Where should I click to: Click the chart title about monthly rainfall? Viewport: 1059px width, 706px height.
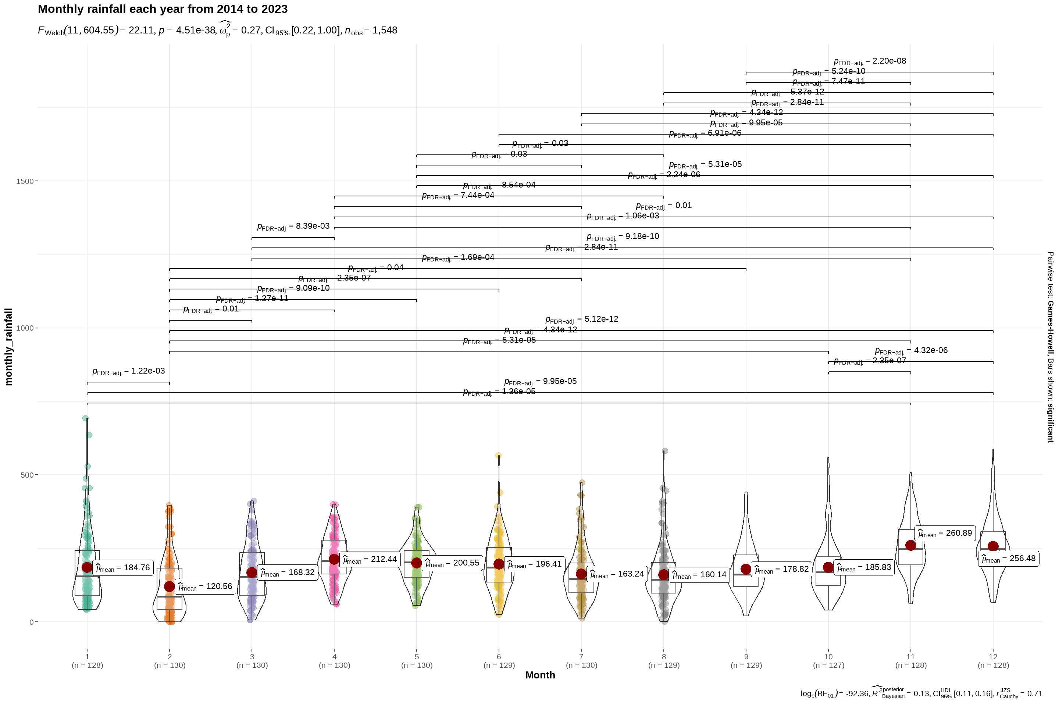(x=163, y=9)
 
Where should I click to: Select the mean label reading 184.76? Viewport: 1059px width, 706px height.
(x=122, y=568)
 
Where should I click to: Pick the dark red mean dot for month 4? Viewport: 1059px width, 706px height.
(x=334, y=559)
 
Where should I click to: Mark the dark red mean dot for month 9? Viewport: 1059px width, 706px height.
(x=746, y=569)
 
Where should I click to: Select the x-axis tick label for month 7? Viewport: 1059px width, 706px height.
(x=581, y=657)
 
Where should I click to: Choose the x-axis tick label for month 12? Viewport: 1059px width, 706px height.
(x=993, y=657)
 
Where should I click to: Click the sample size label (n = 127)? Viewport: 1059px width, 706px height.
(x=828, y=666)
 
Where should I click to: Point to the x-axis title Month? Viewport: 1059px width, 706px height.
(x=540, y=675)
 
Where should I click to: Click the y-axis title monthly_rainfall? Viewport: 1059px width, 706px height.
(x=8, y=347)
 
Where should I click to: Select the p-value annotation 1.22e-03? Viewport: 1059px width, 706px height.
(x=129, y=371)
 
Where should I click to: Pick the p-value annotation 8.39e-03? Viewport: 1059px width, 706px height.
(x=293, y=227)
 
